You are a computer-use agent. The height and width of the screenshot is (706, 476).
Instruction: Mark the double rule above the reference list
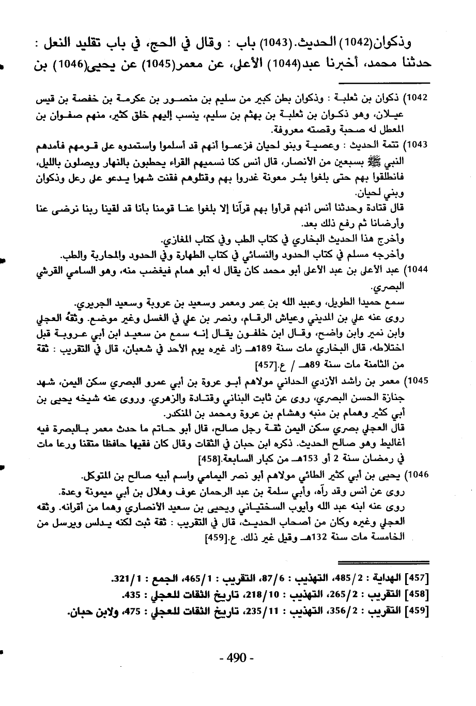click(383, 561)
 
